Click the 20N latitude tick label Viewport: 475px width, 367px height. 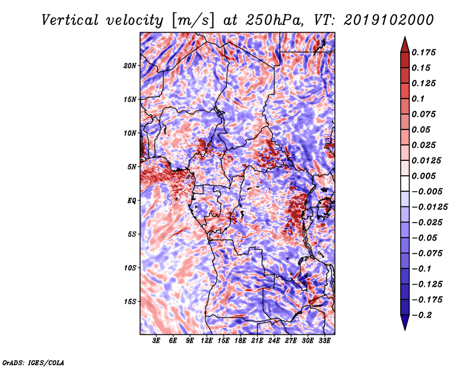130,65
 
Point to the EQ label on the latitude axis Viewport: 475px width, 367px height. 131,201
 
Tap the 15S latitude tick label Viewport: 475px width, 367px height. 130,302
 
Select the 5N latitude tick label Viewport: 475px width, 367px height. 132,167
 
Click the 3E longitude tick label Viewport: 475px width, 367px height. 156,341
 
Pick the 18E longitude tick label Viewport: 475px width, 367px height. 240,341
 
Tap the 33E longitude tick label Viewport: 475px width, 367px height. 324,341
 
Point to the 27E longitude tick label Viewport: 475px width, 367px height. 291,341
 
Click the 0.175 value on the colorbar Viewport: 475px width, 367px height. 424,52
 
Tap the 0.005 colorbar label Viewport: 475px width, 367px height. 424,176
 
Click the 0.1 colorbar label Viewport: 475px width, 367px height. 418,99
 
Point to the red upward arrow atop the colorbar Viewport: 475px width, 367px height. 405,45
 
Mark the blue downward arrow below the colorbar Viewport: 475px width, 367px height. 405,322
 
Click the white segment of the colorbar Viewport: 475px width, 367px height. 405,183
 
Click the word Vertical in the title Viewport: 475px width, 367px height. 70,20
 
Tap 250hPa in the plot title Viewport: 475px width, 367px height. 274,20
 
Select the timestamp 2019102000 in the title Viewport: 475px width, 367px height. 389,20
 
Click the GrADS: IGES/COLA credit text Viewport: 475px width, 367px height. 33,363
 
